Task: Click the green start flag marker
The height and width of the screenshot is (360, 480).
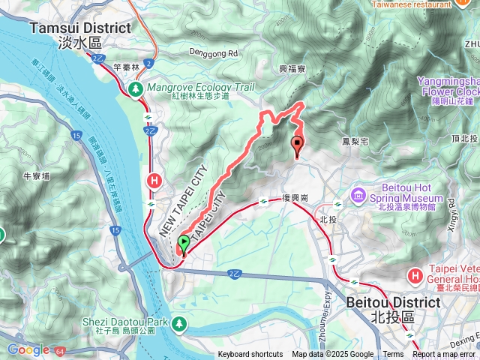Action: [184, 244]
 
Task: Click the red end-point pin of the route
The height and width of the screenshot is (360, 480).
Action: [297, 145]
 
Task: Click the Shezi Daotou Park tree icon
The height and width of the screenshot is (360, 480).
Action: [179, 323]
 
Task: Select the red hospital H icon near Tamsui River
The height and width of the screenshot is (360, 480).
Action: [155, 180]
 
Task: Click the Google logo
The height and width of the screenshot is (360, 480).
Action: [28, 349]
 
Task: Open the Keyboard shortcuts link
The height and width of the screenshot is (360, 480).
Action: [250, 355]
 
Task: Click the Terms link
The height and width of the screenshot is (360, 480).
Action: [393, 355]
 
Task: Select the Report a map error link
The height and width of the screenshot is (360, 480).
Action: [445, 355]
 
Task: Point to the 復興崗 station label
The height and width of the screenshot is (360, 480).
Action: [295, 199]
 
